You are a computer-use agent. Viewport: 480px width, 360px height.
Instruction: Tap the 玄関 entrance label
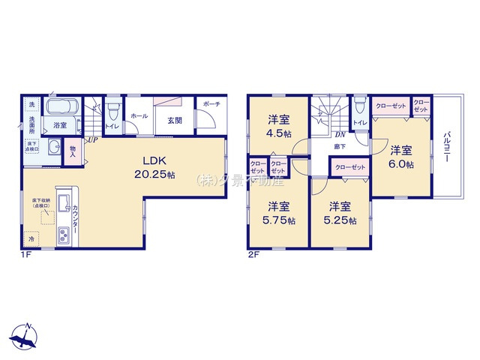point(175,120)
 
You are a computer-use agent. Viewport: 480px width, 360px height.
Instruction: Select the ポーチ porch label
point(211,104)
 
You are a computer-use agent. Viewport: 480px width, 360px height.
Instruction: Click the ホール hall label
point(138,116)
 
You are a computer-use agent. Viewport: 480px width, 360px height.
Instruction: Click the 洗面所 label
point(32,125)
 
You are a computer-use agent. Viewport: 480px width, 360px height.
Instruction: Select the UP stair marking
point(91,139)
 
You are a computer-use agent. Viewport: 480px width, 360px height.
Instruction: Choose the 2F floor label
point(254,253)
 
